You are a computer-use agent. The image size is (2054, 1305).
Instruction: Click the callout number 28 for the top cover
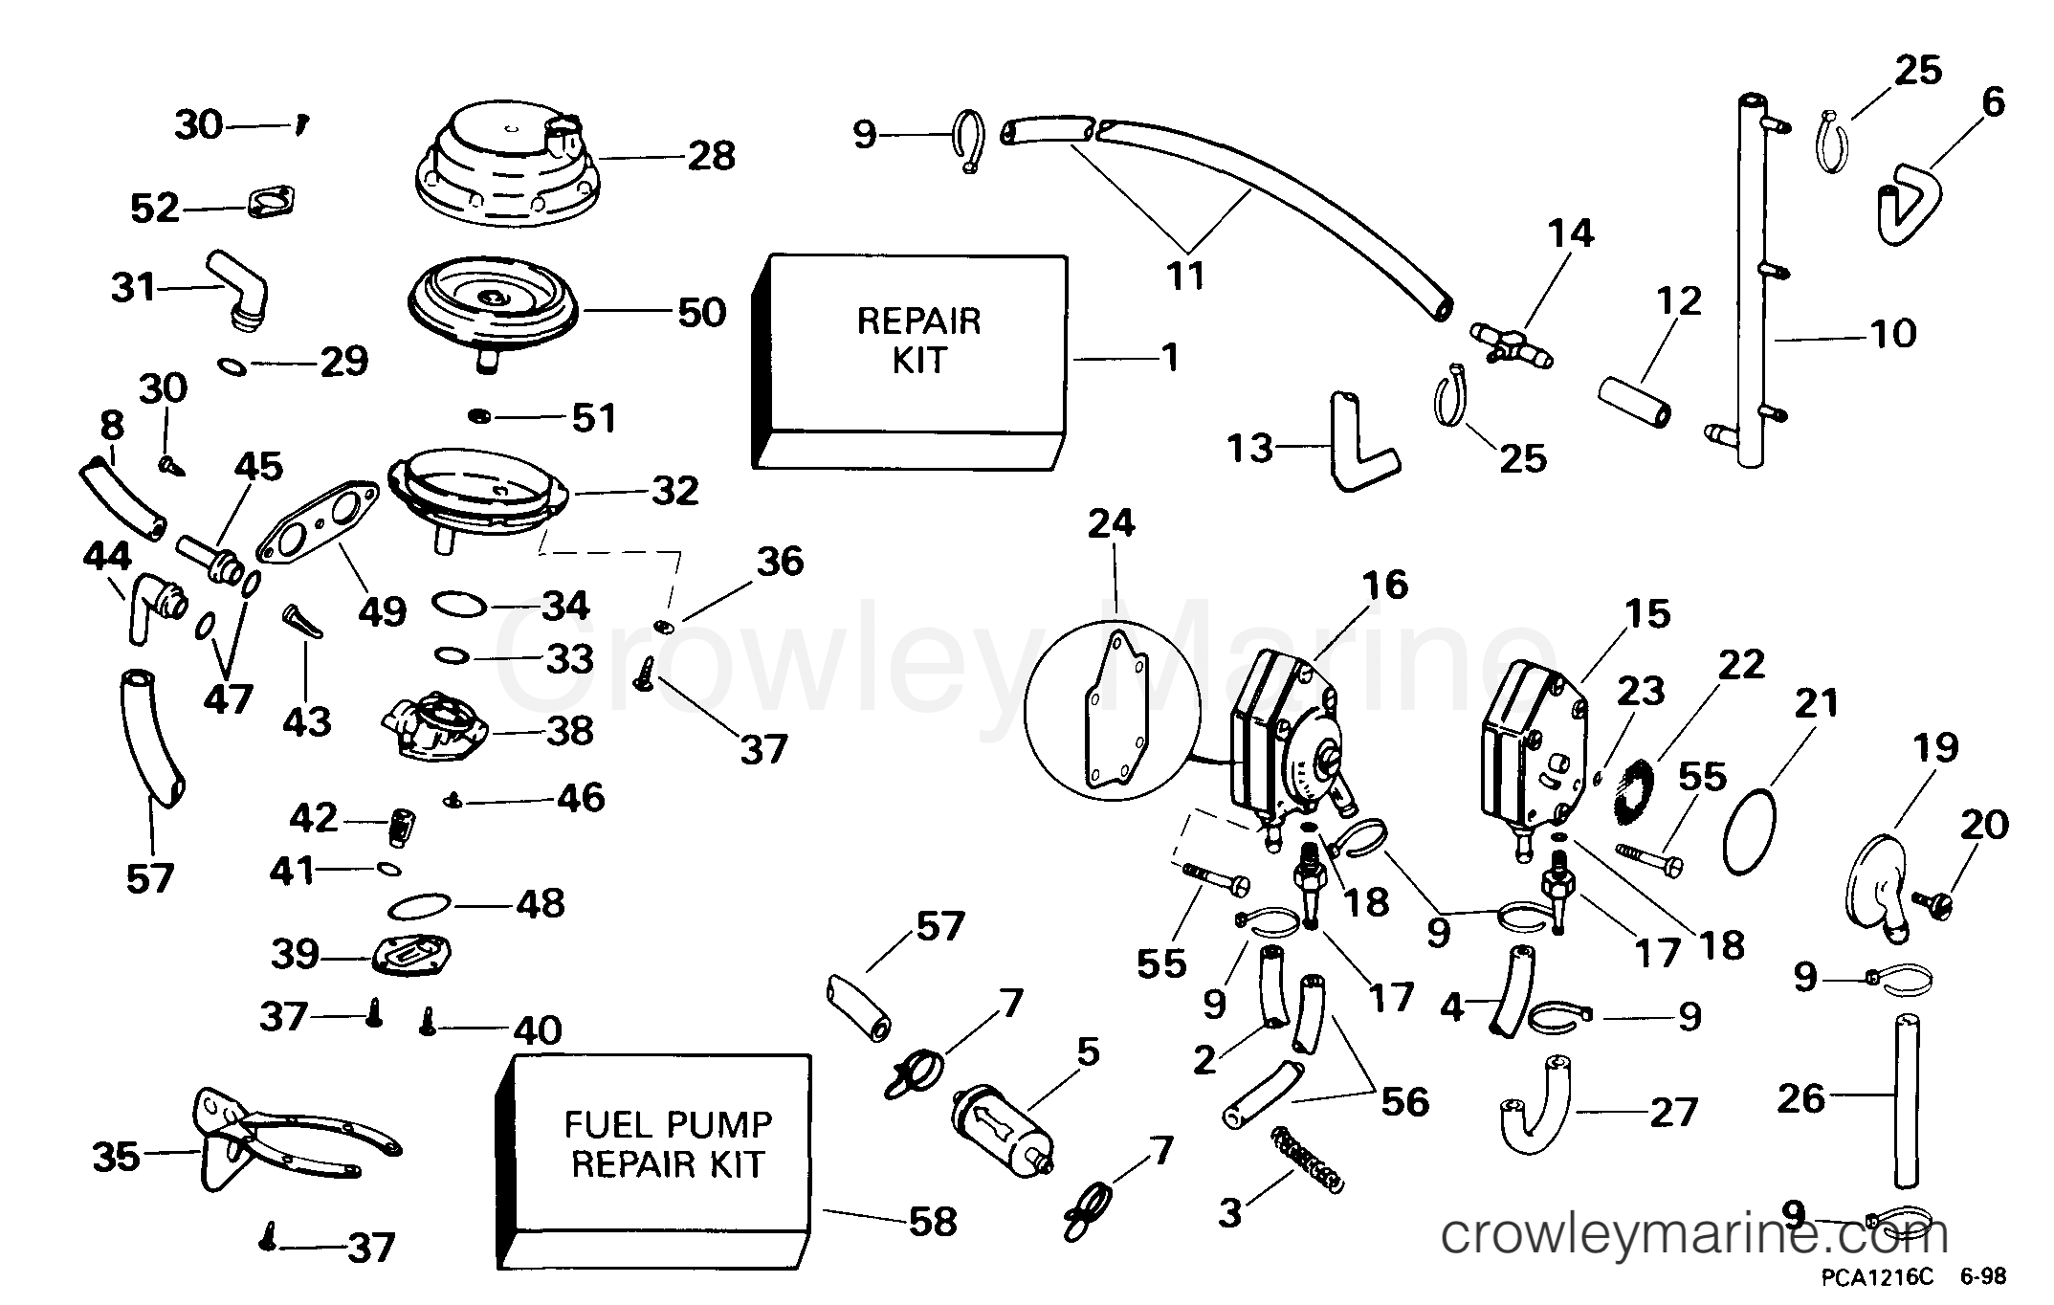tap(711, 156)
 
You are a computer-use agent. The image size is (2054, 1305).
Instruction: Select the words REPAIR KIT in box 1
tap(918, 341)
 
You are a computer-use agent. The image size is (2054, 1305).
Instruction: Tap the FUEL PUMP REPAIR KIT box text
tap(667, 1144)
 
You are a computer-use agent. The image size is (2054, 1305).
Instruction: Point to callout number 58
tap(931, 1222)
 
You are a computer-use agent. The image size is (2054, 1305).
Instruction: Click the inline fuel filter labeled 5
tap(1001, 1132)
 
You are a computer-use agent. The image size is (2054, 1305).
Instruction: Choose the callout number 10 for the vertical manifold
tap(1892, 334)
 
